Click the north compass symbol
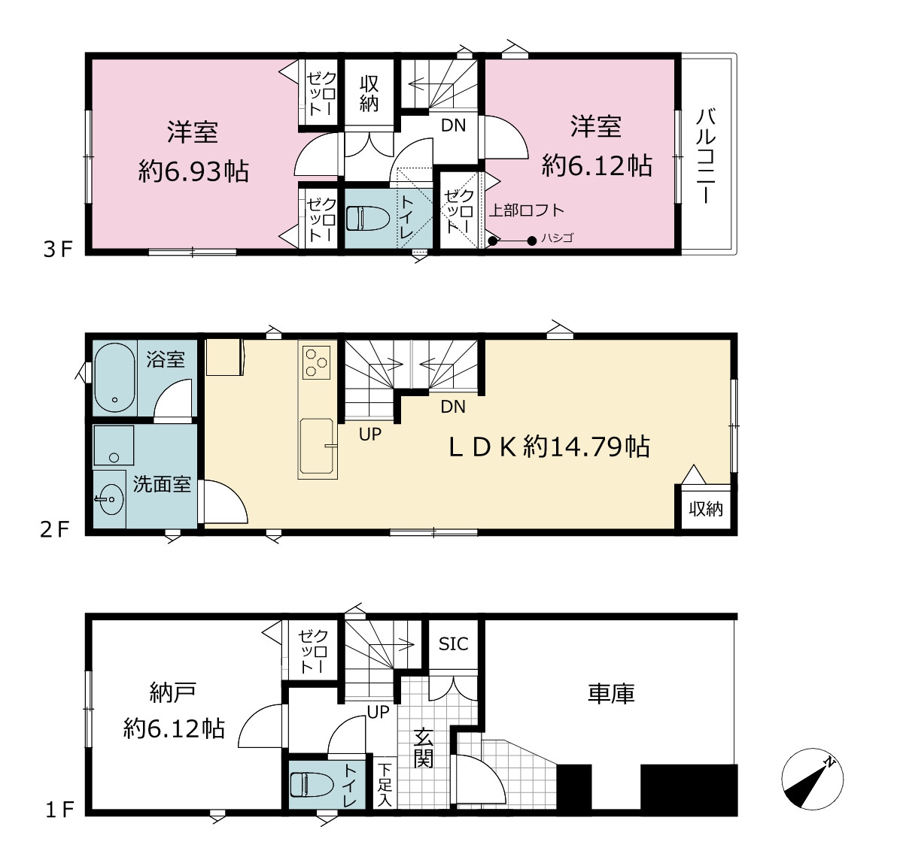tap(812, 779)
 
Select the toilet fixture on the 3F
tap(368, 218)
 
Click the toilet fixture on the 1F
tap(312, 785)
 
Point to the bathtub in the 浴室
tap(115, 378)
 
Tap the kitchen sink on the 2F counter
tap(317, 447)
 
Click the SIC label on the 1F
tap(453, 644)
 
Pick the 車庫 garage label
tap(611, 693)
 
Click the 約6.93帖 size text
tap(193, 171)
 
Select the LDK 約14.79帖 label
tap(549, 447)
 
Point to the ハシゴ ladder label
tap(557, 238)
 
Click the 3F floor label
tap(58, 250)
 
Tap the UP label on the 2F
tap(370, 435)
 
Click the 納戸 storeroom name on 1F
tap(173, 693)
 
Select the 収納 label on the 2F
tap(705, 509)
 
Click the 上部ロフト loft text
tap(526, 210)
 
